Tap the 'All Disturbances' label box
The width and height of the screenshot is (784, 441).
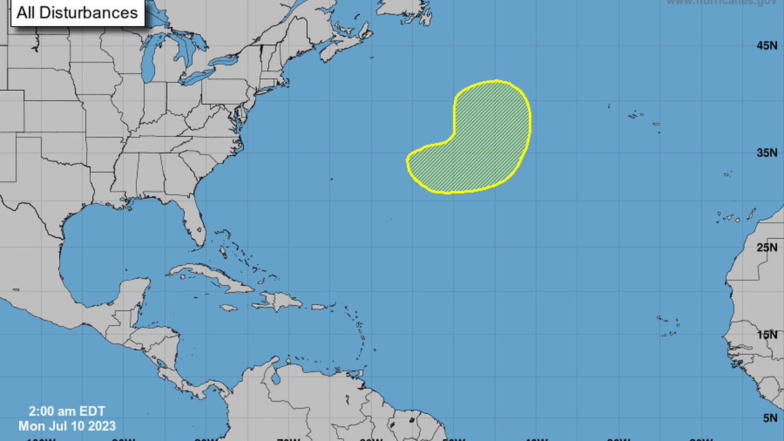[x=77, y=13]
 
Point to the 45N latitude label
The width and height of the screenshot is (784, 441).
[x=767, y=45]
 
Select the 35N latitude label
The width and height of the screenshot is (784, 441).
[x=767, y=153]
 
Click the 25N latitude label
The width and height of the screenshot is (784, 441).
[x=767, y=247]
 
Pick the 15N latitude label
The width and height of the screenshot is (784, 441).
[x=767, y=334]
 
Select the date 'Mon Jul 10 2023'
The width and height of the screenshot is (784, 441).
[x=67, y=426]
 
